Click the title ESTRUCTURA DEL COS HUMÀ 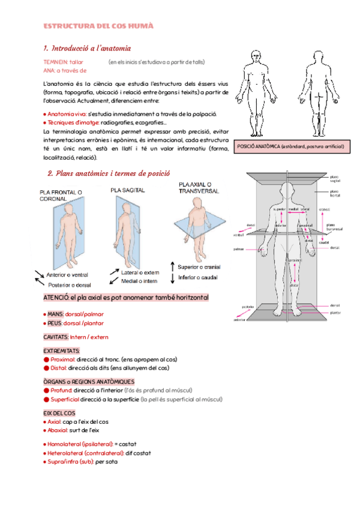click(x=98, y=26)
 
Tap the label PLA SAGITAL click(x=127, y=190)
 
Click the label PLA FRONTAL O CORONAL click(x=61, y=195)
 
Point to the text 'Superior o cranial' click(x=199, y=267)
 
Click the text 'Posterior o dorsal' click(x=67, y=285)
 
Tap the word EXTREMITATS click(x=62, y=351)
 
